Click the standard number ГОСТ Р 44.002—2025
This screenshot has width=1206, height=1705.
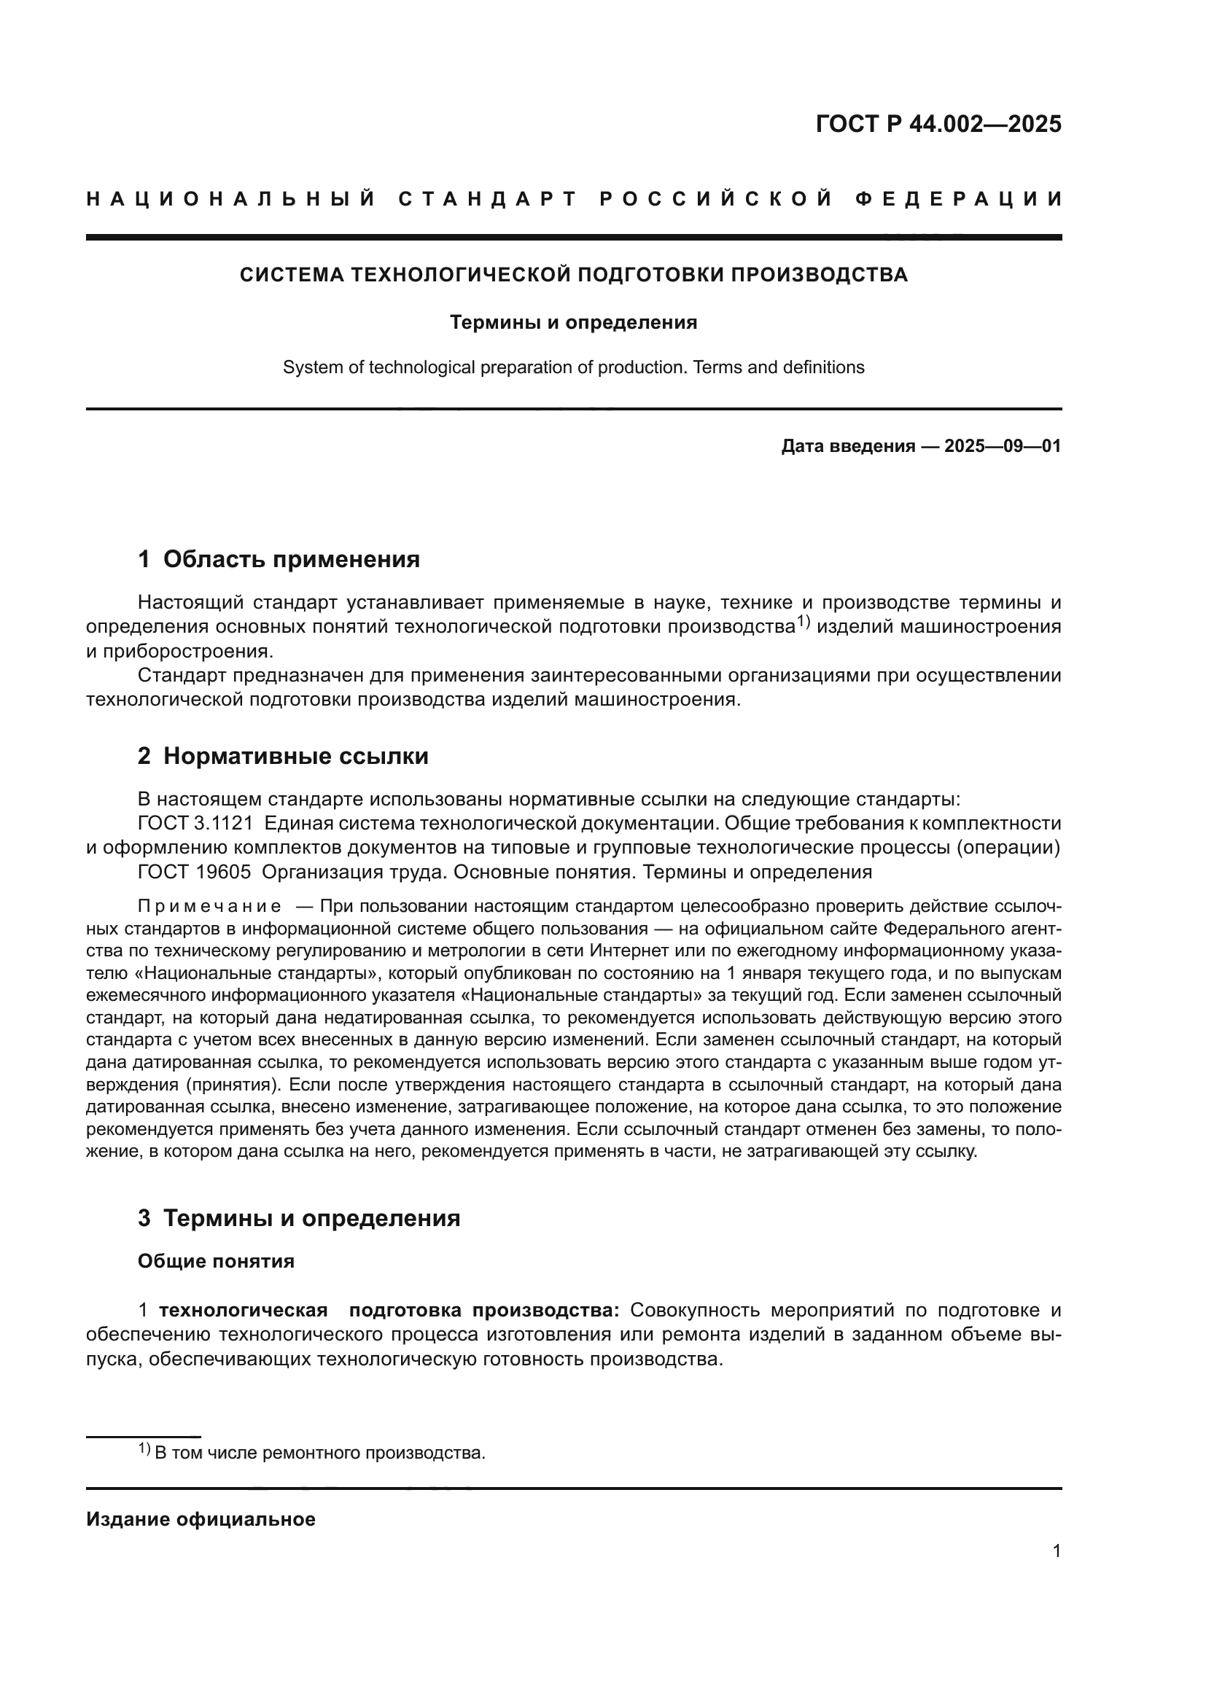938,124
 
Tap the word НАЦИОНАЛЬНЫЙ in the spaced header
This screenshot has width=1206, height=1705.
231,199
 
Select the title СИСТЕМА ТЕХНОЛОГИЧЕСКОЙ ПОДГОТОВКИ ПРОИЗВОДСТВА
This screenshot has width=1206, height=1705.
573,275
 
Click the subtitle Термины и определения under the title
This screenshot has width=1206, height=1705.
573,322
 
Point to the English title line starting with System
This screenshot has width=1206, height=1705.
573,367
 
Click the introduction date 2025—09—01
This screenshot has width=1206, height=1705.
1003,446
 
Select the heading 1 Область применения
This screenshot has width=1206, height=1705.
279,559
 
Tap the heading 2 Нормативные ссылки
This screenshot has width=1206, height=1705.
283,756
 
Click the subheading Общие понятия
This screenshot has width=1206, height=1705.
216,1262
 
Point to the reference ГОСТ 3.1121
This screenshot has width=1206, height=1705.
195,824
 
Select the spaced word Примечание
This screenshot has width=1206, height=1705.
209,907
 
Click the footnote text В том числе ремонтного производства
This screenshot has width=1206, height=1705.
319,1453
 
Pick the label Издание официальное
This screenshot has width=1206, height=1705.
201,1519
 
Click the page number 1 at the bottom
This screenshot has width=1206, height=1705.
1056,1551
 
